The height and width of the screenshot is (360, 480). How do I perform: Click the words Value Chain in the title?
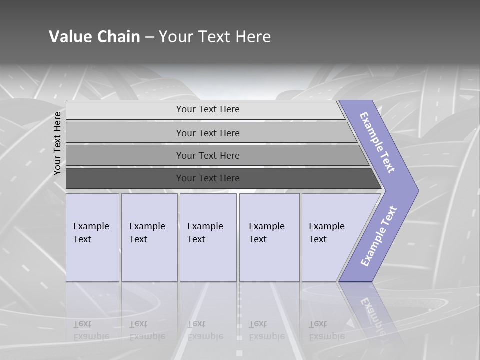click(94, 37)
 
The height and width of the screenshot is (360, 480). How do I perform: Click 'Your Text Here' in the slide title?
click(215, 37)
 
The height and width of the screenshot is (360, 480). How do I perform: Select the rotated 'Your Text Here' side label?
click(57, 143)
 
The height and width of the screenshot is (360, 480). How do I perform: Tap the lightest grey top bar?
click(125, 109)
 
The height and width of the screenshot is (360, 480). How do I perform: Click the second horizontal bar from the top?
click(125, 133)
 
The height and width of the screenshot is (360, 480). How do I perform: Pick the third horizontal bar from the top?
click(125, 155)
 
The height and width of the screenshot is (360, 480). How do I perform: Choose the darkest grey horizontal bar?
click(125, 178)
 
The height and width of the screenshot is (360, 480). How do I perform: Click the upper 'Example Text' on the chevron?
click(377, 142)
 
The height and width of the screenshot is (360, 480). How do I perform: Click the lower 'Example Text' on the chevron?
click(378, 236)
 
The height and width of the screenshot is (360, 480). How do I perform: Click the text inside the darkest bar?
click(208, 178)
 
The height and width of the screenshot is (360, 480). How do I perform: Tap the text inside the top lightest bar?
click(208, 109)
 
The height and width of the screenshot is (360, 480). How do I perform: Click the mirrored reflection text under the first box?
click(91, 330)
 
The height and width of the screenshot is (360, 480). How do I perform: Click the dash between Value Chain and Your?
click(149, 37)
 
